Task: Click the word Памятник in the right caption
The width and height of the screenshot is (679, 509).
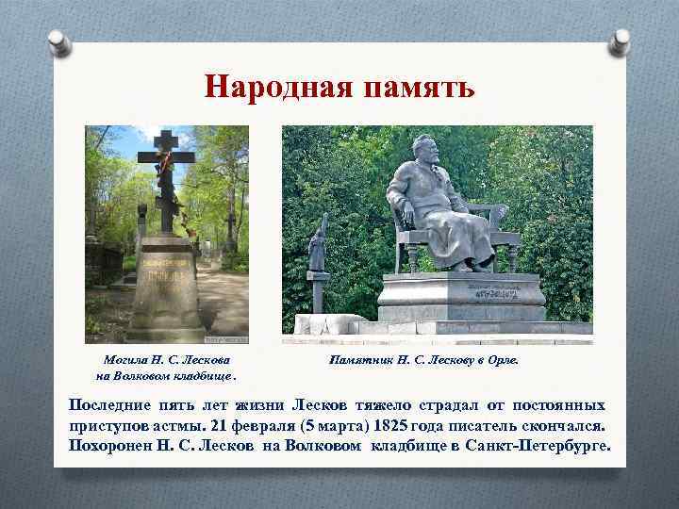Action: tap(362, 359)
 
